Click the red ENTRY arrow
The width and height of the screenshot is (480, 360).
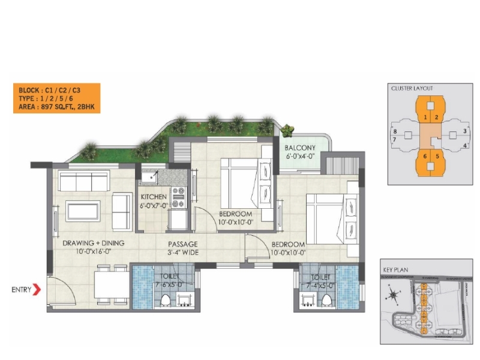point(37,290)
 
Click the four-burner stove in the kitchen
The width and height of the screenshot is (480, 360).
point(179,198)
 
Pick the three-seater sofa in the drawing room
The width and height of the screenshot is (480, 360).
point(84,181)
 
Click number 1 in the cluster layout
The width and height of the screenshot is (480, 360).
point(425,117)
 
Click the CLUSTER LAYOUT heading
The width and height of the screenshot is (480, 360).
point(412,88)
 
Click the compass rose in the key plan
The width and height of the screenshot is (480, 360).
point(394,295)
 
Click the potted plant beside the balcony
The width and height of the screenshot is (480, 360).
point(289,130)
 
